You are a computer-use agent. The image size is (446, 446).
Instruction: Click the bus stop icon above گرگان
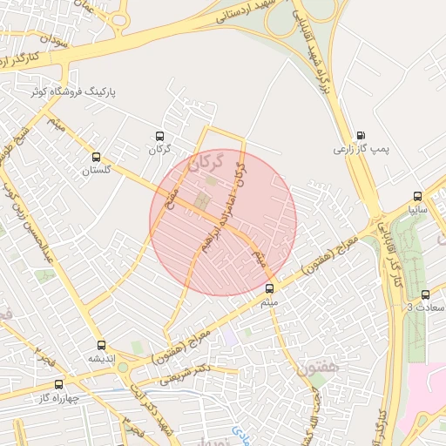(159, 136)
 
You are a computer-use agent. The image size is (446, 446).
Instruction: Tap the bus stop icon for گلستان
(96, 158)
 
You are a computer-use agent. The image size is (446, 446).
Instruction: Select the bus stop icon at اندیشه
(102, 346)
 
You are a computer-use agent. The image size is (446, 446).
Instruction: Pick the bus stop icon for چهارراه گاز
(58, 384)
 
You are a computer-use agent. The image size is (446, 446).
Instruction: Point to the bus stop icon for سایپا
(417, 197)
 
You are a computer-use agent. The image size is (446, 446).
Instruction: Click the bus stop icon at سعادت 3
(425, 295)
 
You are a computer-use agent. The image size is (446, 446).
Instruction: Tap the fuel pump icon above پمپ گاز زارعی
(360, 136)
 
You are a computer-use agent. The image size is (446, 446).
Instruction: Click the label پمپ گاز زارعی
(359, 150)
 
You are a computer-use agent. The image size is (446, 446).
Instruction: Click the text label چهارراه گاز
(59, 398)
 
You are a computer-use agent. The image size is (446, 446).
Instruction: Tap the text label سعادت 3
(426, 308)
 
